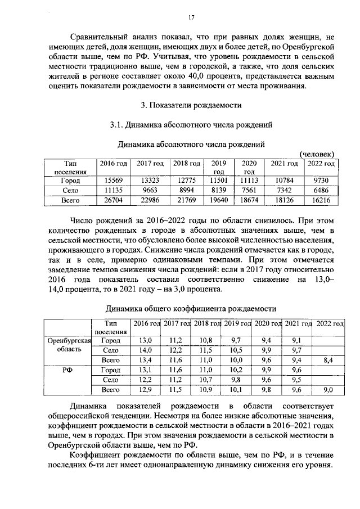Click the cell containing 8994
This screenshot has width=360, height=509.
point(187,190)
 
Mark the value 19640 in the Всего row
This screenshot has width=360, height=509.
point(219,200)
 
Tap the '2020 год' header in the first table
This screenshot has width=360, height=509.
point(249,167)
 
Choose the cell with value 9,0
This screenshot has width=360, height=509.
point(329,389)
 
